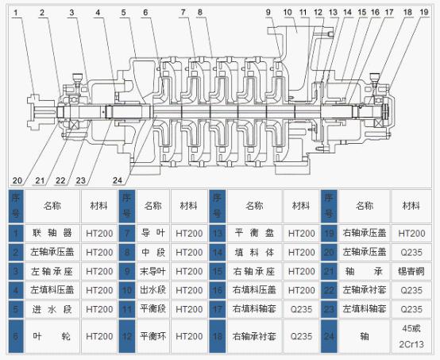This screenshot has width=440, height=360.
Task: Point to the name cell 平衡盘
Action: coord(254,234)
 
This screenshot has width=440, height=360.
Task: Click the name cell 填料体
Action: coord(254,252)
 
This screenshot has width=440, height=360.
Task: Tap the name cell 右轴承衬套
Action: coord(254,336)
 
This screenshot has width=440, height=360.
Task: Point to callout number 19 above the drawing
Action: coord(427,13)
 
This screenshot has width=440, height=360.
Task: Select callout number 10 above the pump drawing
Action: coord(287,13)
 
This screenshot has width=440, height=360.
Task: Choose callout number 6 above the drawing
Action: coord(145,13)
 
